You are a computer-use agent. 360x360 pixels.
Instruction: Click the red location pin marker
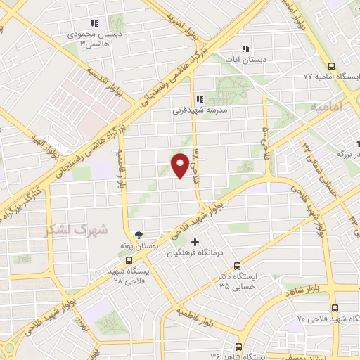(180, 165)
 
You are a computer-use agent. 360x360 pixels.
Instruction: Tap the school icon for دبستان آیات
(245, 49)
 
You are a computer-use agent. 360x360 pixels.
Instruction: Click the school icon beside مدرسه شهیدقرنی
(200, 99)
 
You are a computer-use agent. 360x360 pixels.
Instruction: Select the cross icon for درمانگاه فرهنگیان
(195, 243)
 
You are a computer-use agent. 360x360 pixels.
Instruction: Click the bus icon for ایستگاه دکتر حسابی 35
(237, 266)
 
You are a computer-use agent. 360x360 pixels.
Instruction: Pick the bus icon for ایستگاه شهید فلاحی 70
(334, 308)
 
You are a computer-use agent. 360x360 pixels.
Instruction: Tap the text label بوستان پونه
(138, 245)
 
